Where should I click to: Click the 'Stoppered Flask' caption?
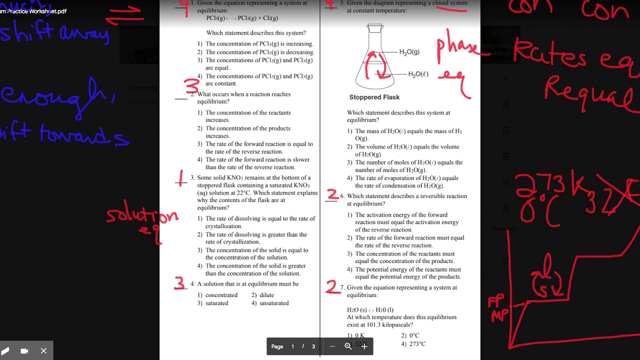pyautogui.click(x=374, y=97)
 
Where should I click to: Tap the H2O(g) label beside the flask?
pyautogui.click(x=409, y=52)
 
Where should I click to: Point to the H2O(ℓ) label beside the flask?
pyautogui.click(x=418, y=74)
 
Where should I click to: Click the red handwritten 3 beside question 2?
pyautogui.click(x=192, y=86)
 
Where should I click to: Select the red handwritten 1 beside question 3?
pyautogui.click(x=181, y=177)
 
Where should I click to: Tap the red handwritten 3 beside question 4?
pyautogui.click(x=179, y=283)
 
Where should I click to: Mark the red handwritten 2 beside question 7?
pyautogui.click(x=331, y=286)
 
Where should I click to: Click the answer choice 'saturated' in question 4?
pyautogui.click(x=216, y=303)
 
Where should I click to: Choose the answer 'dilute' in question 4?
pyautogui.click(x=266, y=295)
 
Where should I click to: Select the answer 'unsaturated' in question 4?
pyautogui.click(x=274, y=303)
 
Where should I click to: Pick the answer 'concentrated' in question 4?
pyautogui.click(x=221, y=295)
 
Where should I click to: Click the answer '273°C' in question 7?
pyautogui.click(x=417, y=344)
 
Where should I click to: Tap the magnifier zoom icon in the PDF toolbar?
pyautogui.click(x=348, y=346)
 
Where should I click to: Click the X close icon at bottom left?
pyautogui.click(x=43, y=351)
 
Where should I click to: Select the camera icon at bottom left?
pyautogui.click(x=24, y=351)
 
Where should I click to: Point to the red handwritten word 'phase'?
pyautogui.click(x=456, y=48)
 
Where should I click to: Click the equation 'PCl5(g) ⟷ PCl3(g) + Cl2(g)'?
pyautogui.click(x=242, y=18)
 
